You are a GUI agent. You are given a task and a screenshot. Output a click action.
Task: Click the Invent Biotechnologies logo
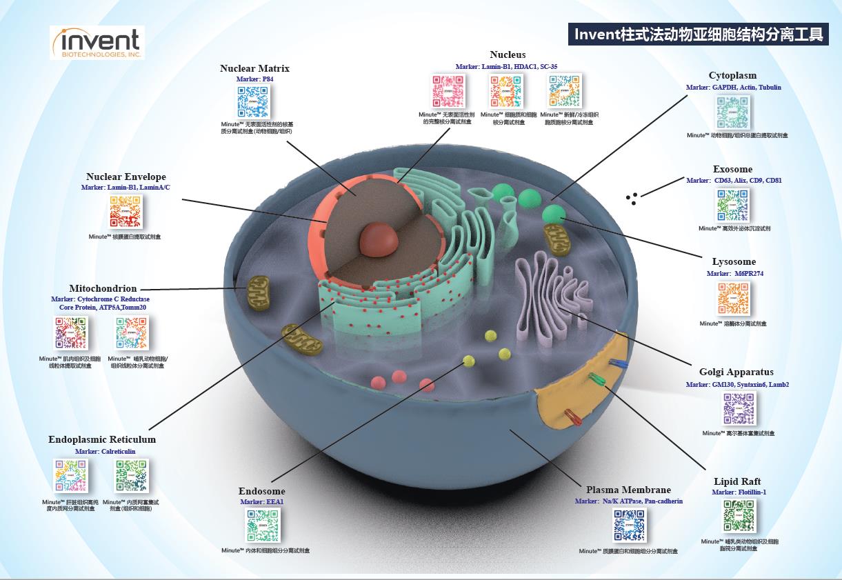[97, 43]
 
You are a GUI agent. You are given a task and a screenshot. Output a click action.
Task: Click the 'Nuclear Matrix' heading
[254, 68]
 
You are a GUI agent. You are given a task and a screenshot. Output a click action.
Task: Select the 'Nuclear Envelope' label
[126, 177]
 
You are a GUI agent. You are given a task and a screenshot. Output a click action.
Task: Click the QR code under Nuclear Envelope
[126, 212]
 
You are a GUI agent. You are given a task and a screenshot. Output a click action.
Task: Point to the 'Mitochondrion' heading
[103, 288]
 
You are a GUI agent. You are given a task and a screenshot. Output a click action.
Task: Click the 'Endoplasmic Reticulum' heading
[102, 439]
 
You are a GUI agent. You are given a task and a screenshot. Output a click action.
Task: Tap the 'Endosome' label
[262, 492]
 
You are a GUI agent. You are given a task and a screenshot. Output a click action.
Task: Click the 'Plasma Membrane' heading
[628, 490]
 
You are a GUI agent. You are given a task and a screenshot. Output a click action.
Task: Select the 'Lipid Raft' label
[737, 481]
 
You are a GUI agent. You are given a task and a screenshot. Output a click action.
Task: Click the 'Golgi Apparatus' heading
[736, 372]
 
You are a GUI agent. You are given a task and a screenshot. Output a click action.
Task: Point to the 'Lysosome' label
[734, 262]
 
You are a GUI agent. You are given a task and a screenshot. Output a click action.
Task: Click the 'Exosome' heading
[732, 169]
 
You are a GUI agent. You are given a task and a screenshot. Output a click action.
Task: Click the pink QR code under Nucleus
[449, 90]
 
